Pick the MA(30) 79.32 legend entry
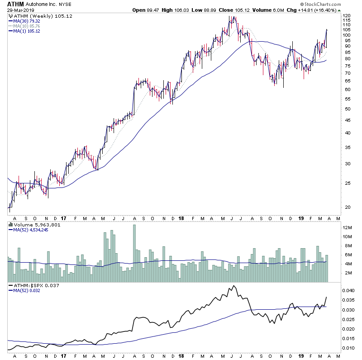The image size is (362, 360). click(27, 21)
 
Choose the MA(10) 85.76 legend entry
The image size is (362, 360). click(27, 26)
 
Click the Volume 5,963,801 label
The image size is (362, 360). click(32, 224)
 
